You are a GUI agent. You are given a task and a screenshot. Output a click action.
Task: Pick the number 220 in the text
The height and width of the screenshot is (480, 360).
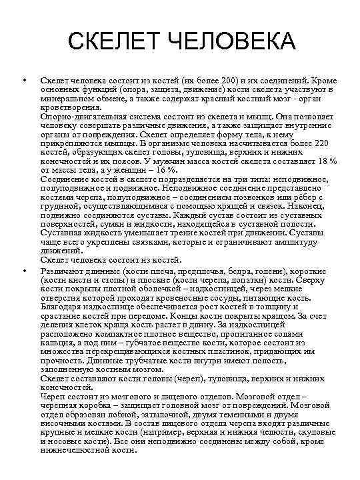point(319,142)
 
